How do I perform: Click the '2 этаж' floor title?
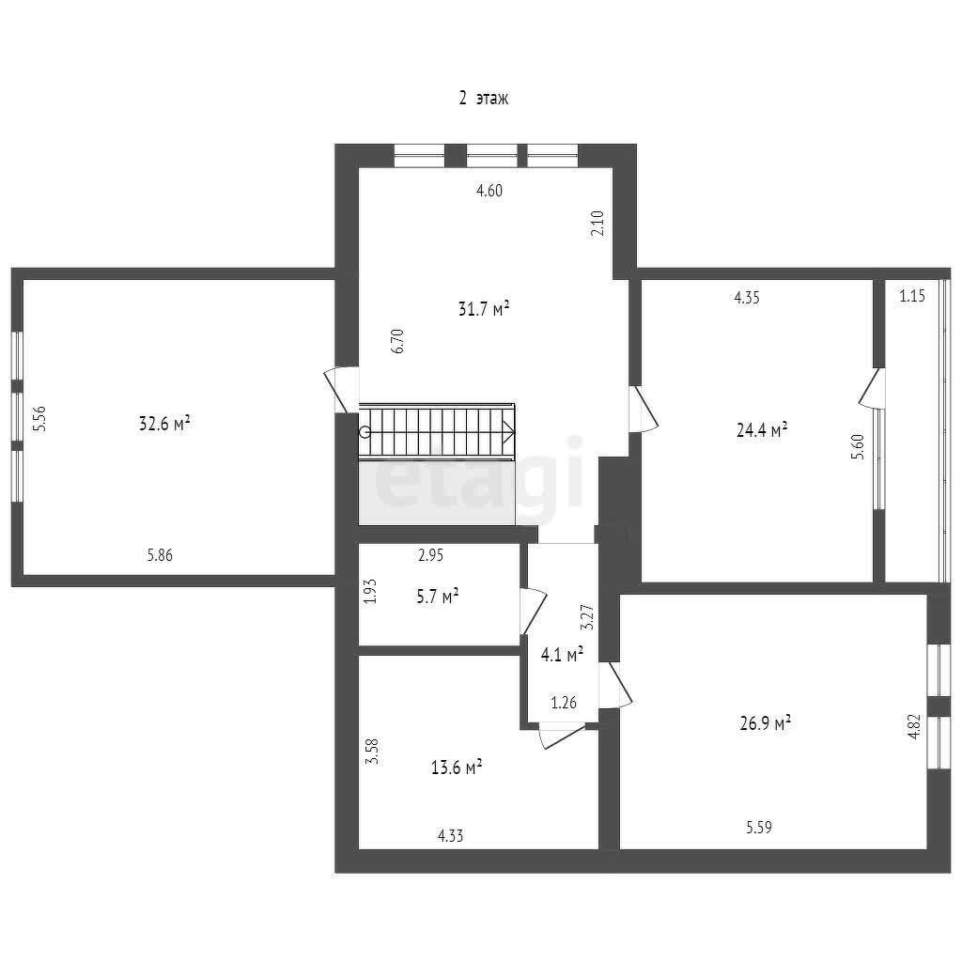pos(484,98)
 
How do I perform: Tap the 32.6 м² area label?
pos(164,424)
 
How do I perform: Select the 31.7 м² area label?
pos(484,308)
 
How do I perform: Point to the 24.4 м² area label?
pos(762,429)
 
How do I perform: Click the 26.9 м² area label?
pos(765,723)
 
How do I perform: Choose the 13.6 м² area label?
pos(457,767)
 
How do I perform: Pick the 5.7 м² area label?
pos(438,597)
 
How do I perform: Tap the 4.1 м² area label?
pos(562,655)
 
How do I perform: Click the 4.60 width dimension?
pos(489,191)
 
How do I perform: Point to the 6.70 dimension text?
pos(397,341)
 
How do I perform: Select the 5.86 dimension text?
pos(160,555)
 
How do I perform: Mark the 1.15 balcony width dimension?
pos(912,296)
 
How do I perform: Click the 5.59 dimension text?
pos(759,828)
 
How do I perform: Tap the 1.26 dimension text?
pos(564,703)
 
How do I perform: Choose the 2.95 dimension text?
pos(430,555)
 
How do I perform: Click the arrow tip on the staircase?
pos(514,432)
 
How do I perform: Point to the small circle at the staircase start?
pos(365,432)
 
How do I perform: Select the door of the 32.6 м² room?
pos(339,390)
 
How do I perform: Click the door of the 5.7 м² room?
pos(533,611)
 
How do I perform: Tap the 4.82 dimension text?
pos(914,726)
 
